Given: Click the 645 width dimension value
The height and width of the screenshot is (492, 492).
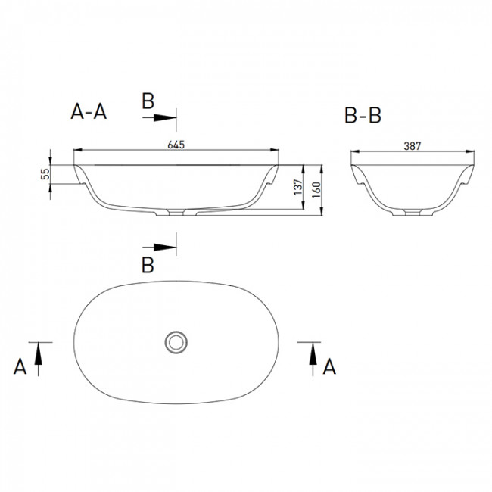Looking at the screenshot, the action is click(x=176, y=145).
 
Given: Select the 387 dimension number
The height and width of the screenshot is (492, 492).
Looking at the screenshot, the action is click(x=412, y=146).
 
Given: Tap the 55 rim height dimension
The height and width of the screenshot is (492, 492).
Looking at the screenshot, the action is click(x=45, y=174).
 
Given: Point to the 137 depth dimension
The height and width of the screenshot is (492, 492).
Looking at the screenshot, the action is click(x=298, y=187).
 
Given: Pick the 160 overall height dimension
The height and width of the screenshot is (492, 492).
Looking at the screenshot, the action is click(x=316, y=190).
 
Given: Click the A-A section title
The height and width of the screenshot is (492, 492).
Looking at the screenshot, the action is click(x=89, y=111).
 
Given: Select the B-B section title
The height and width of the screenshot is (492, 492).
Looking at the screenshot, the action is click(x=363, y=115).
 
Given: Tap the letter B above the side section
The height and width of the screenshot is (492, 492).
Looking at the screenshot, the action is click(x=148, y=101).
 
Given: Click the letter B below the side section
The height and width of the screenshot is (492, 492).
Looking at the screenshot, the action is click(x=148, y=265).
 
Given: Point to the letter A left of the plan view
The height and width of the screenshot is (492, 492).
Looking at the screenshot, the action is click(x=20, y=366).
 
